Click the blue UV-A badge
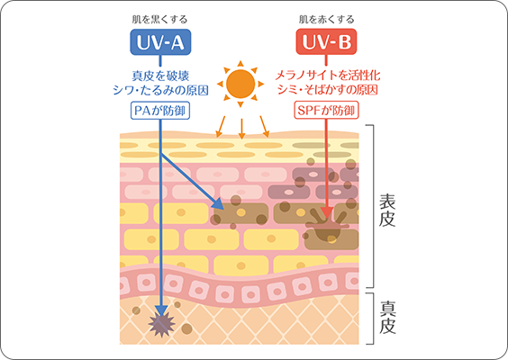pyautogui.click(x=160, y=42)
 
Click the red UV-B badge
pyautogui.click(x=326, y=41)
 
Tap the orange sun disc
pyautogui.click(x=240, y=84)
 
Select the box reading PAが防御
pyautogui.click(x=160, y=111)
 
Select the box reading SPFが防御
pyautogui.click(x=326, y=111)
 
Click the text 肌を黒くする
pyautogui.click(x=159, y=20)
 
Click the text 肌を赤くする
pyautogui.click(x=326, y=20)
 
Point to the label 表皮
pyautogui.click(x=387, y=211)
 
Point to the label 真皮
pyautogui.click(x=387, y=318)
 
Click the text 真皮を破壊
pyautogui.click(x=160, y=76)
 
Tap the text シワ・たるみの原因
pyautogui.click(x=160, y=90)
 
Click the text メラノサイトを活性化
pyautogui.click(x=327, y=76)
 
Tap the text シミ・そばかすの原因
pyautogui.click(x=327, y=90)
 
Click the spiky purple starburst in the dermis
pyautogui.click(x=161, y=325)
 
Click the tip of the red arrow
pyautogui.click(x=327, y=219)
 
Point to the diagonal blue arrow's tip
pyautogui.click(x=223, y=209)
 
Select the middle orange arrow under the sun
pyautogui.click(x=241, y=129)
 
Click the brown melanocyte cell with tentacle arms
pyautogui.click(x=327, y=225)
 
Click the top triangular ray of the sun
pyautogui.click(x=240, y=64)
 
